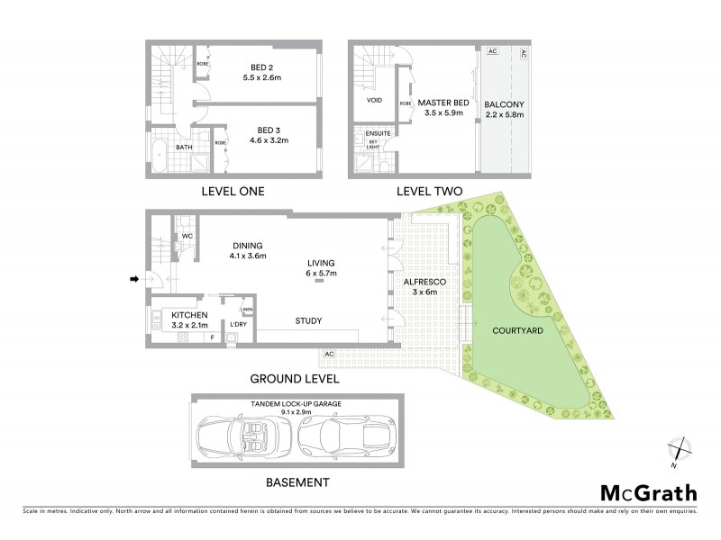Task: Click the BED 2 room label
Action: pyautogui.click(x=263, y=66)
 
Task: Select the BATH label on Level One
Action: pyautogui.click(x=184, y=148)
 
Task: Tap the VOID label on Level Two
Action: pyautogui.click(x=374, y=100)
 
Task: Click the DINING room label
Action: pyautogui.click(x=246, y=245)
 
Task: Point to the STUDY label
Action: pyautogui.click(x=308, y=320)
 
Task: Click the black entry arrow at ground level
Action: pyautogui.click(x=134, y=279)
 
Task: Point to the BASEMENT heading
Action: pyautogui.click(x=297, y=482)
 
